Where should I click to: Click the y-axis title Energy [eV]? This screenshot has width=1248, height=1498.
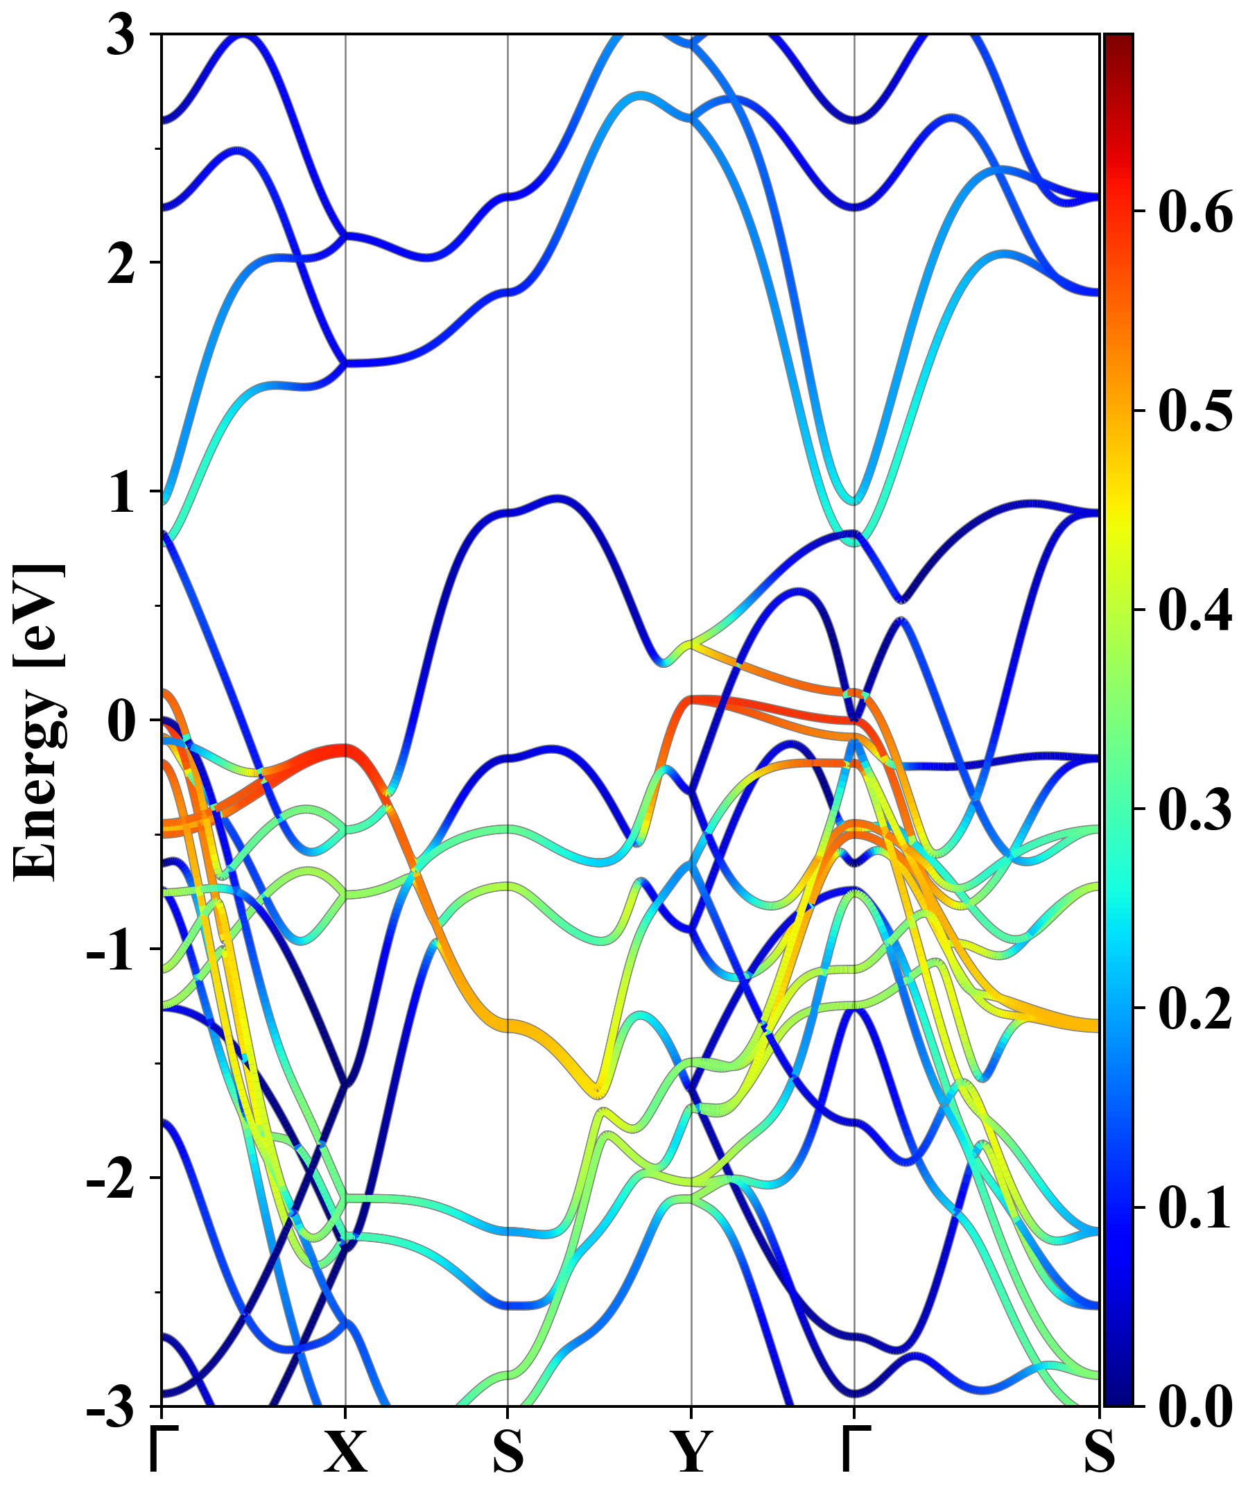[40, 721]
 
